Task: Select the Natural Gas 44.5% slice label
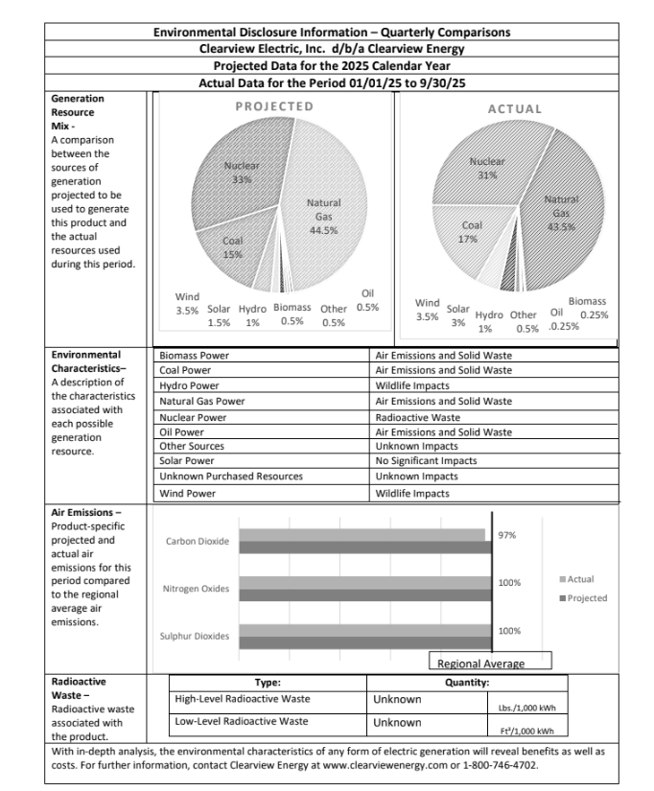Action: pyautogui.click(x=323, y=217)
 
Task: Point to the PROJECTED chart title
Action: pyautogui.click(x=274, y=106)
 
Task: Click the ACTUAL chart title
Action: pyautogui.click(x=515, y=109)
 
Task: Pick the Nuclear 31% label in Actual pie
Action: pyautogui.click(x=487, y=169)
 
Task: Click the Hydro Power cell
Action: pyautogui.click(x=188, y=385)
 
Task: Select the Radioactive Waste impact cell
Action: pyautogui.click(x=418, y=417)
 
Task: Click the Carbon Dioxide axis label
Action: pyautogui.click(x=198, y=542)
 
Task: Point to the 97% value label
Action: pyautogui.click(x=508, y=535)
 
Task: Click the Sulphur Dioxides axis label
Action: pyautogui.click(x=195, y=637)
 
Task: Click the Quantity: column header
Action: pyautogui.click(x=467, y=683)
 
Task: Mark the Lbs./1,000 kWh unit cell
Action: pyautogui.click(x=526, y=710)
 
